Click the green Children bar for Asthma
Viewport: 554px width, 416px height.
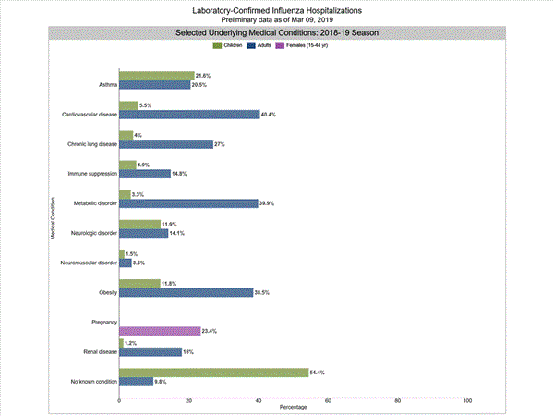point(157,76)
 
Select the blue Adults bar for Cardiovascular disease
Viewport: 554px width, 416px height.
point(189,115)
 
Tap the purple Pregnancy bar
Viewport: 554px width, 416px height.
point(160,330)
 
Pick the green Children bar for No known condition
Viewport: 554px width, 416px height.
point(213,373)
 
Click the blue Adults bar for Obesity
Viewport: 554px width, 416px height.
point(186,292)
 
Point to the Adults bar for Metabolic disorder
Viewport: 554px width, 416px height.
point(188,203)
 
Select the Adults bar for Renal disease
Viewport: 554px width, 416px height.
point(151,351)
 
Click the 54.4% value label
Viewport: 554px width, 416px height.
point(319,373)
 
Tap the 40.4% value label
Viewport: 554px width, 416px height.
point(270,115)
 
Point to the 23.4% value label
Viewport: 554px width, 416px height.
point(210,330)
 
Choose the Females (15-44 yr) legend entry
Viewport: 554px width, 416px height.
point(306,45)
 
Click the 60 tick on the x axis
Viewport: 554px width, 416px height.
point(329,400)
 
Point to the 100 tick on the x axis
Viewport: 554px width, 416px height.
point(467,400)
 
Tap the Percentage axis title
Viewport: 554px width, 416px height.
point(294,407)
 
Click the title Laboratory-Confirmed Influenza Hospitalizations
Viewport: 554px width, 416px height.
point(277,10)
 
